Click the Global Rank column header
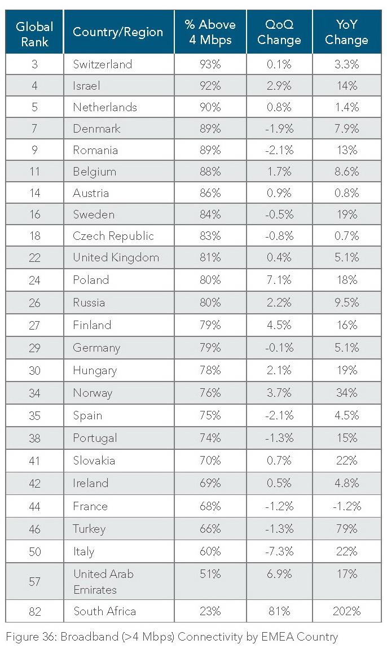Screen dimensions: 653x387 34,33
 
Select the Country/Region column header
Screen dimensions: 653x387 118,32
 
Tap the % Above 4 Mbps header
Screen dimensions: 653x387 210,32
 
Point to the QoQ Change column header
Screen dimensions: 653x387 279,32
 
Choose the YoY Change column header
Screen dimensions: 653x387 346,32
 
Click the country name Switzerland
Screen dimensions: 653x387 102,64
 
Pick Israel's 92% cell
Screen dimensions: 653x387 210,86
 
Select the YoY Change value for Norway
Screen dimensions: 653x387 346,393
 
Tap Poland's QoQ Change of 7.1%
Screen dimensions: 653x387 279,280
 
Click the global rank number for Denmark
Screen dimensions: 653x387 34,129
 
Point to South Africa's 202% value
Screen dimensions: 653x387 346,611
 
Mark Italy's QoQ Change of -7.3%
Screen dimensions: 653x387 279,551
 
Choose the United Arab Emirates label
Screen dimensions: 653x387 103,581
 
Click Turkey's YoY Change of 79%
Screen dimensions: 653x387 346,529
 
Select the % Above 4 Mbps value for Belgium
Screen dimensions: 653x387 210,172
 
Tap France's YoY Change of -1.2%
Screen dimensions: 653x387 346,506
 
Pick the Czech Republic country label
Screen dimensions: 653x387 113,236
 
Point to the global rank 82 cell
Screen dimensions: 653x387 34,611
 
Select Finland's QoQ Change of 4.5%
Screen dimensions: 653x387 279,325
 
